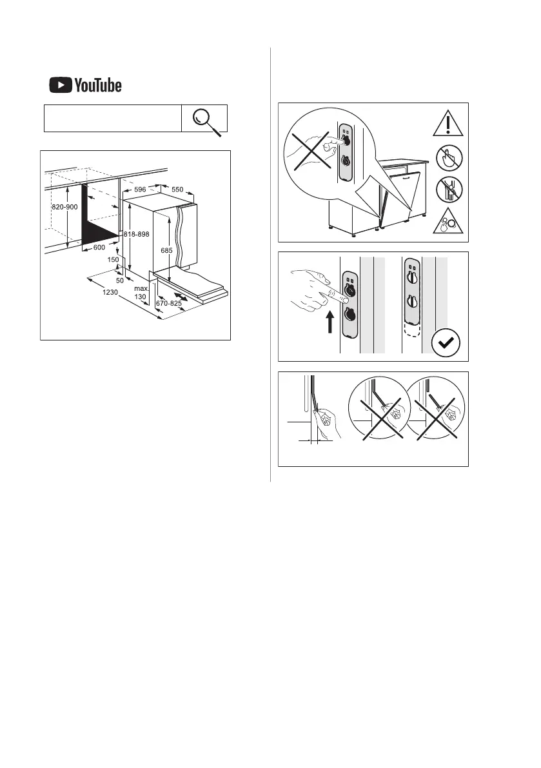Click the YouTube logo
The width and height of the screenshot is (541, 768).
point(84,85)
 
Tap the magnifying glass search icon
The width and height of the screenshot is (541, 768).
point(205,119)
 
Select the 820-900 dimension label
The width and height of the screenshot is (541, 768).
point(64,207)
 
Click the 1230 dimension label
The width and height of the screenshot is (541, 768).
point(110,291)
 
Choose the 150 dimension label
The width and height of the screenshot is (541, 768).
point(112,259)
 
